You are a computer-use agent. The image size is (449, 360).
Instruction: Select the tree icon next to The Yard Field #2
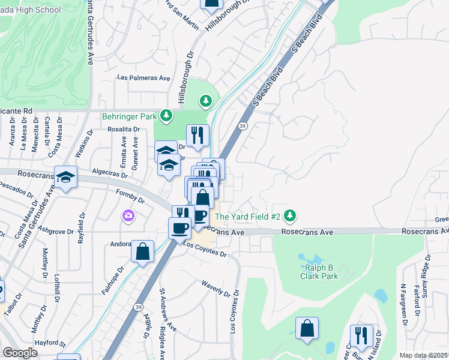[289, 215]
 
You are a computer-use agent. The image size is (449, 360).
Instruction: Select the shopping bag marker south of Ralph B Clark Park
[307, 328]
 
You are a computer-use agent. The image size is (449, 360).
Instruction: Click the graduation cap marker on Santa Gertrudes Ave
[66, 177]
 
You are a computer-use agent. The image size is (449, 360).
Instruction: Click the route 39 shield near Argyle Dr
[139, 307]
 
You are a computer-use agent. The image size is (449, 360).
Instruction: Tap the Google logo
[20, 353]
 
